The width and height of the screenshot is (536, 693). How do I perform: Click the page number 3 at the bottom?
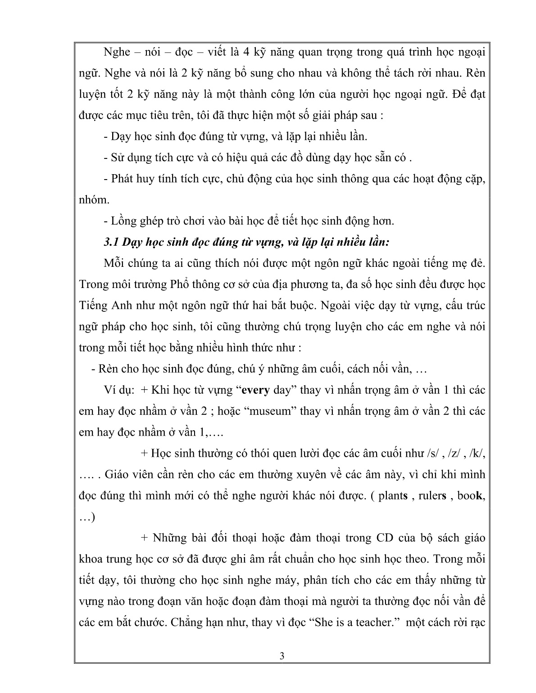tap(282, 668)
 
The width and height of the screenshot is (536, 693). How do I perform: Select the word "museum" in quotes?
tap(274, 411)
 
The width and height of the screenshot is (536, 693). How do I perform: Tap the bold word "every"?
tap(256, 390)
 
